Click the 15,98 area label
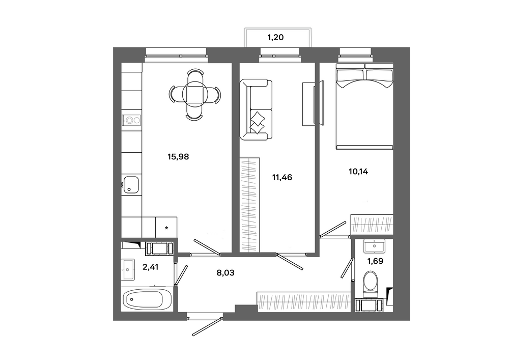pyautogui.click(x=178, y=157)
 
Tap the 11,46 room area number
pyautogui.click(x=282, y=177)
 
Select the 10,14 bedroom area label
pyautogui.click(x=358, y=172)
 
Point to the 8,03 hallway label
pyautogui.click(x=225, y=273)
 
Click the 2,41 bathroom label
pyautogui.click(x=151, y=267)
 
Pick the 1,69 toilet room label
pyautogui.click(x=375, y=261)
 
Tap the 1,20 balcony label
pyautogui.click(x=275, y=37)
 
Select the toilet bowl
pyautogui.click(x=371, y=284)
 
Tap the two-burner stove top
pyautogui.click(x=132, y=121)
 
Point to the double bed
pyautogui.click(x=364, y=106)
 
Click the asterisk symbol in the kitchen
pyautogui.click(x=166, y=228)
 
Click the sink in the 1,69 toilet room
pyautogui.click(x=374, y=246)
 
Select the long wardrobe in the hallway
pyautogui.click(x=303, y=302)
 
